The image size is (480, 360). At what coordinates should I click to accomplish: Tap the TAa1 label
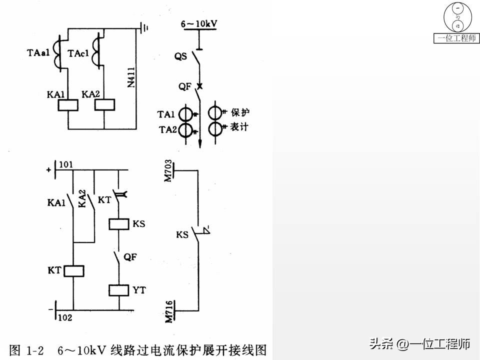click(x=38, y=52)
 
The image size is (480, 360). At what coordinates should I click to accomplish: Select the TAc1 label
click(x=79, y=53)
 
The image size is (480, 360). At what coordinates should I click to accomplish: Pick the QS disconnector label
click(x=180, y=56)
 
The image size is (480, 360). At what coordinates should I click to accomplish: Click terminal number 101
click(x=66, y=164)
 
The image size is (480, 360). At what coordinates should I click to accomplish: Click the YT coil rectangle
click(x=118, y=290)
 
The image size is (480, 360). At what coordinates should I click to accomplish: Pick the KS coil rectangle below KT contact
click(x=118, y=223)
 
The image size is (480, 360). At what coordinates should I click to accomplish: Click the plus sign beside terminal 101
click(x=48, y=170)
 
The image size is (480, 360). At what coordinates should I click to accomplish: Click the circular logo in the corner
click(x=456, y=17)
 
